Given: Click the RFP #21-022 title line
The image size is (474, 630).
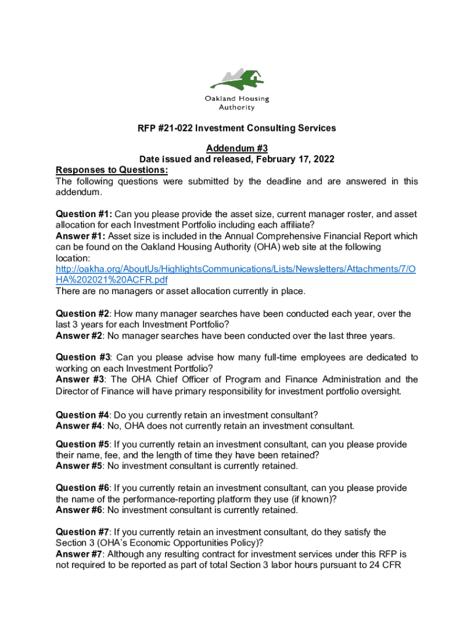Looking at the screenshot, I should [237, 128].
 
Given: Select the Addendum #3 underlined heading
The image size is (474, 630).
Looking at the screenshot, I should [237, 148].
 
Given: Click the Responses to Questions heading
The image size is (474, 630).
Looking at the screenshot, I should [112, 170].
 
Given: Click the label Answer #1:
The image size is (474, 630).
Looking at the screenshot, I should [81, 236].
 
